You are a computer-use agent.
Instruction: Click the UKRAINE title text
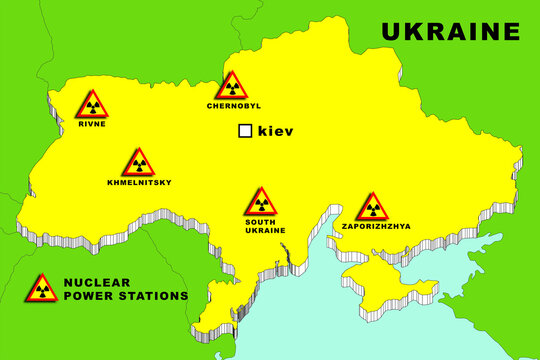(450, 31)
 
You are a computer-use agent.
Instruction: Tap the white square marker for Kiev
(244, 131)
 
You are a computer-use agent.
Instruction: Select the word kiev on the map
(275, 131)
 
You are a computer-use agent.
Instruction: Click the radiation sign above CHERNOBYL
(232, 86)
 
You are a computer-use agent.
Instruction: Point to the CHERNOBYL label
(233, 105)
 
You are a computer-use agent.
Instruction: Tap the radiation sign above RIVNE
(92, 105)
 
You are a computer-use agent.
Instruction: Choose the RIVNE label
(92, 124)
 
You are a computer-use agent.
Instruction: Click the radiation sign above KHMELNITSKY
(138, 163)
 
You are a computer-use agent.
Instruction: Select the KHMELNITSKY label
(139, 182)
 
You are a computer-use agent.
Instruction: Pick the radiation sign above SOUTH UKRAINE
(261, 202)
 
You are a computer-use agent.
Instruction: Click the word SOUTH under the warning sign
(261, 221)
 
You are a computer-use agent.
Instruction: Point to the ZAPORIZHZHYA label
(376, 226)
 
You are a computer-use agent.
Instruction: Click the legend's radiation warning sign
(41, 289)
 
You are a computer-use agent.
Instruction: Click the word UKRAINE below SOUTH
(264, 230)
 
